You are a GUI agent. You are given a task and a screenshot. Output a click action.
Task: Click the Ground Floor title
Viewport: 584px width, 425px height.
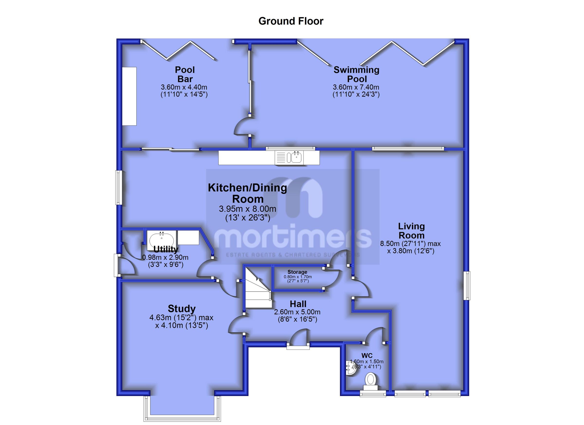(x=291, y=21)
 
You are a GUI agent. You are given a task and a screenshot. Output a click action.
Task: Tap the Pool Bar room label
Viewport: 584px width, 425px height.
(x=185, y=74)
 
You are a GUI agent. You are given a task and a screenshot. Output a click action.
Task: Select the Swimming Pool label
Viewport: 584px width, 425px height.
(x=356, y=74)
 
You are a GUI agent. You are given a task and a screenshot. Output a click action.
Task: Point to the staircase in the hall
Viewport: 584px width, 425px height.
(x=257, y=288)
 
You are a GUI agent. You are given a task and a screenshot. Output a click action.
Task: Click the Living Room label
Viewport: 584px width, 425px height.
(x=411, y=231)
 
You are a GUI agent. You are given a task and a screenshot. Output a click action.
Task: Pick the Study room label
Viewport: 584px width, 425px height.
(x=182, y=309)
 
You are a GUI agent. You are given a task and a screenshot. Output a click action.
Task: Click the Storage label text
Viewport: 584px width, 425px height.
(x=297, y=272)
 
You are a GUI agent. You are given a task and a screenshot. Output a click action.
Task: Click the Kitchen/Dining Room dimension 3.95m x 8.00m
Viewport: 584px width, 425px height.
(x=247, y=209)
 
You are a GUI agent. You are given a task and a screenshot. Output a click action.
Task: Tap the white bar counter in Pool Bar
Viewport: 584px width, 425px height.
(x=129, y=96)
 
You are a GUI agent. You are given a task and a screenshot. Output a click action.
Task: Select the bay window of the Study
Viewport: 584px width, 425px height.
(x=182, y=411)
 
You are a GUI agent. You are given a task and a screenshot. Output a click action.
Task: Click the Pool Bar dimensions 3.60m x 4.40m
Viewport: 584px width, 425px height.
(x=184, y=87)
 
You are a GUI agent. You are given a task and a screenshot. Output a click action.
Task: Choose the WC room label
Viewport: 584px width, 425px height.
(x=367, y=356)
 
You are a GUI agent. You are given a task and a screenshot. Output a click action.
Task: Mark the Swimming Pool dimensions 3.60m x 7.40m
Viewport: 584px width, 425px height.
(x=356, y=87)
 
